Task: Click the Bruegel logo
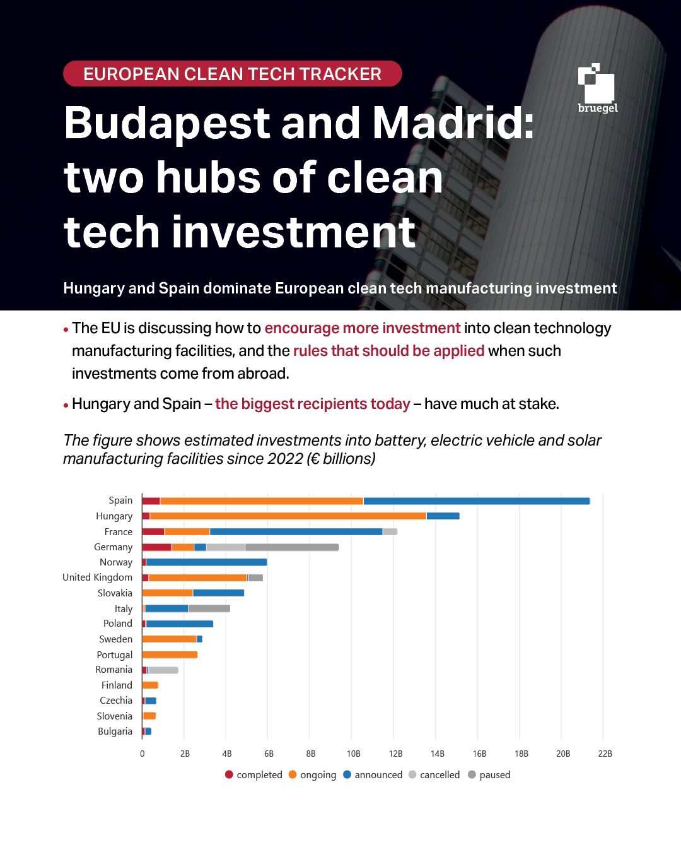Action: tap(597, 88)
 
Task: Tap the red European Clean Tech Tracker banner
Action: tap(232, 74)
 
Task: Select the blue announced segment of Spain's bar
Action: tap(476, 501)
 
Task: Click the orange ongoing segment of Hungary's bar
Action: tap(288, 516)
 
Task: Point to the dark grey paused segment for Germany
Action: tap(292, 547)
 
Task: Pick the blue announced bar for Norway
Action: tap(206, 562)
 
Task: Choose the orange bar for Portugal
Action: tap(170, 655)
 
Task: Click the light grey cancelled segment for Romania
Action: tap(163, 670)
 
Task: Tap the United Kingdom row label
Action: tap(97, 577)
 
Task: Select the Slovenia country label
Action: tap(114, 716)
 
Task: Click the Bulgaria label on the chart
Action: tap(115, 731)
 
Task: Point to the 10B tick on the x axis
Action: tap(353, 754)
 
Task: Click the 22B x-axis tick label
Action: tap(605, 754)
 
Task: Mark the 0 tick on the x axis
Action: tap(142, 754)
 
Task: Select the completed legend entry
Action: tap(253, 775)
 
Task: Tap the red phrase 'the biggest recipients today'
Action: tap(312, 404)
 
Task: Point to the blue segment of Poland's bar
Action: tap(179, 624)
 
